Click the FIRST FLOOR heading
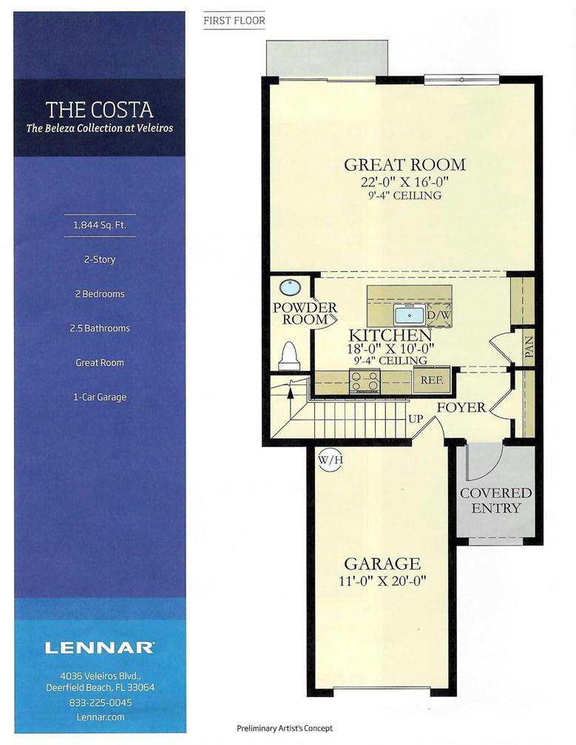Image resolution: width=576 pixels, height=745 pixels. pos(234,21)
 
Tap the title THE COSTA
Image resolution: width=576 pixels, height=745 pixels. pos(100,110)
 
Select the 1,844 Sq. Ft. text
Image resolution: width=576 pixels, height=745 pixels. pos(100,225)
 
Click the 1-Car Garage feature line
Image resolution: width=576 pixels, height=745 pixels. pos(100,397)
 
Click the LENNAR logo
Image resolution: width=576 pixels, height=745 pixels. pos(100,648)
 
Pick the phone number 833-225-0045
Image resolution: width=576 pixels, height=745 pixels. pos(100,703)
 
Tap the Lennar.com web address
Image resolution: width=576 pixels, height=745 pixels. pos(100,717)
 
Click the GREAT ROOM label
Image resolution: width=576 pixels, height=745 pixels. pos(404,165)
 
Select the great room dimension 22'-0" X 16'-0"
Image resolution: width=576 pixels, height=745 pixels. pos(404,182)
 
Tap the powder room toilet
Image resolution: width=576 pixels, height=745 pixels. pos(289,356)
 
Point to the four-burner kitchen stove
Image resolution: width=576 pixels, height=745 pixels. pos(365,381)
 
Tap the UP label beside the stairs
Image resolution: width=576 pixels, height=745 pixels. pos(416,418)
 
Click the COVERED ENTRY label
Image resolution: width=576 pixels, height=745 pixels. pos(496,500)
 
